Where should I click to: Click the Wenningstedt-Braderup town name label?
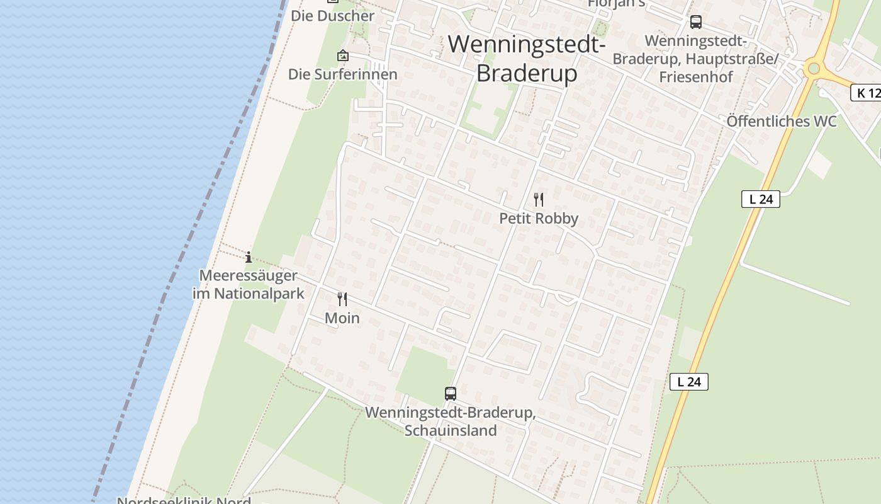click(x=526, y=59)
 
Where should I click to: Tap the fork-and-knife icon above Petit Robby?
click(x=539, y=200)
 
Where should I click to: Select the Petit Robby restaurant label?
click(x=539, y=219)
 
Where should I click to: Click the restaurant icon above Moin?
click(x=342, y=299)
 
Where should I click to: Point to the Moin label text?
click(x=342, y=318)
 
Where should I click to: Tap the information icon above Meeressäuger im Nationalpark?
click(x=249, y=257)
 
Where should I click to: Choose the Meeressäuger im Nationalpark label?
click(x=248, y=285)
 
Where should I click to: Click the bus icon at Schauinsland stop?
click(x=451, y=394)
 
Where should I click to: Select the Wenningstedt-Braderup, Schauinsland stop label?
click(x=451, y=421)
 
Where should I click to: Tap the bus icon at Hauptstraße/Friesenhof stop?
click(x=696, y=22)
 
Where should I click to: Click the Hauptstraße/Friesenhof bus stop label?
click(x=696, y=59)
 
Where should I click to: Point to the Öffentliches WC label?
click(x=782, y=121)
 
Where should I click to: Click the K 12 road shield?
click(x=867, y=93)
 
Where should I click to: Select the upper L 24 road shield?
click(x=761, y=199)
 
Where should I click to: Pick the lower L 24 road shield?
click(x=689, y=381)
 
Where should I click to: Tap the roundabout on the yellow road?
click(x=814, y=67)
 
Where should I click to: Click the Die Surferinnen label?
click(x=343, y=74)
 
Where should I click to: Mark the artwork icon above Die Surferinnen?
click(x=343, y=55)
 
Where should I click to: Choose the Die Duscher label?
click(x=332, y=16)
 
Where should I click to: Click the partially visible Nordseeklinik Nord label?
click(x=184, y=501)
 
